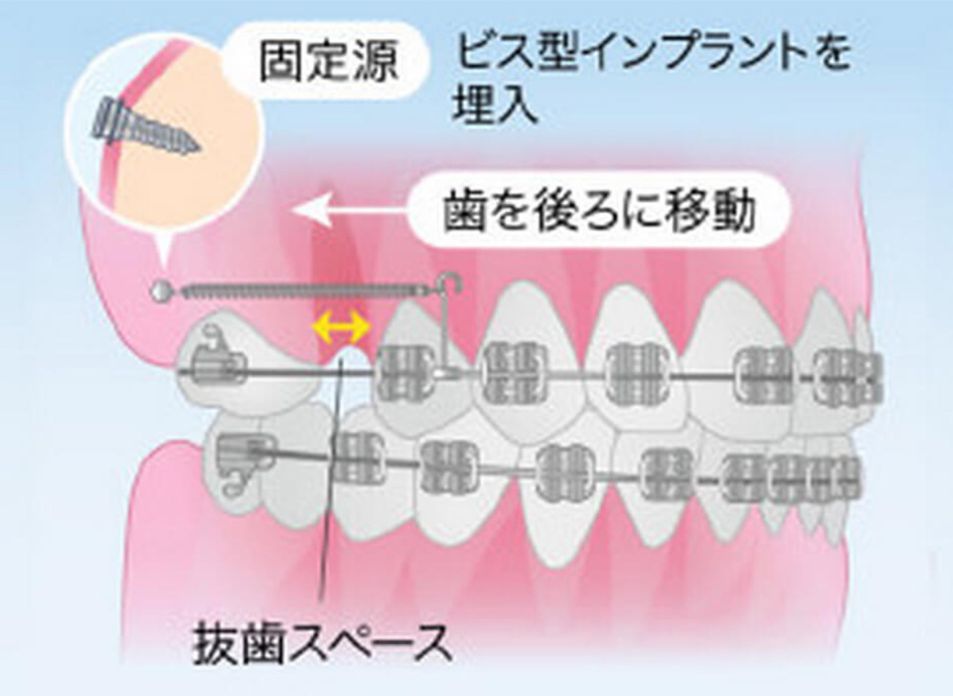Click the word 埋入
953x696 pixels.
click(x=493, y=109)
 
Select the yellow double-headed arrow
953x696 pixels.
click(x=342, y=324)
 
